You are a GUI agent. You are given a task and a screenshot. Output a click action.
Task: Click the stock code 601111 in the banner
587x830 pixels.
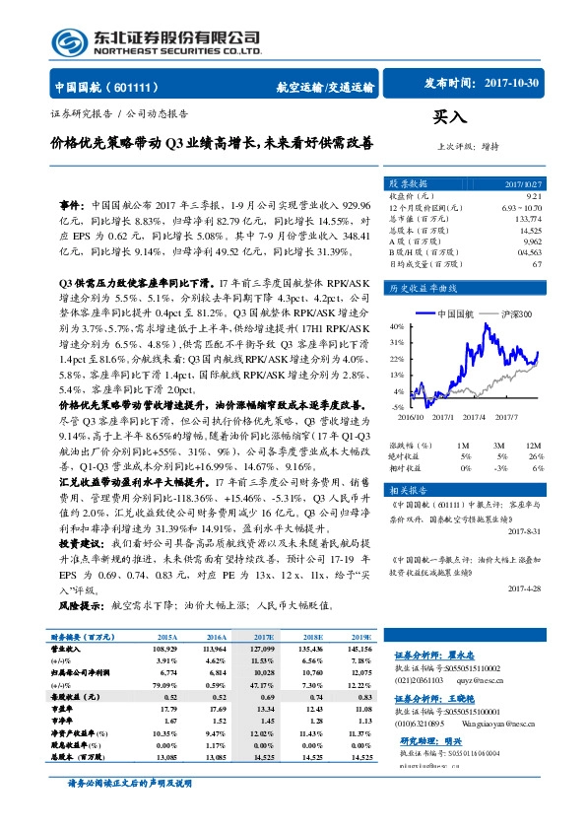click(x=146, y=86)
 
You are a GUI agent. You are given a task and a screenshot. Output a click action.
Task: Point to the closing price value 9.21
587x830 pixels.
click(x=533, y=196)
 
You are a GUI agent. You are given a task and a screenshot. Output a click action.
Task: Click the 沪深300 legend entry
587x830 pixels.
click(x=515, y=313)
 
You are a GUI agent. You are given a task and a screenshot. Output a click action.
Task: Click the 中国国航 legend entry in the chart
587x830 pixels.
click(x=455, y=313)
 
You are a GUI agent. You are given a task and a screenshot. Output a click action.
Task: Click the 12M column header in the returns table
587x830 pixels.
click(x=533, y=446)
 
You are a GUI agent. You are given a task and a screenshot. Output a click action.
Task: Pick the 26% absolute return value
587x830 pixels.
click(x=536, y=456)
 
